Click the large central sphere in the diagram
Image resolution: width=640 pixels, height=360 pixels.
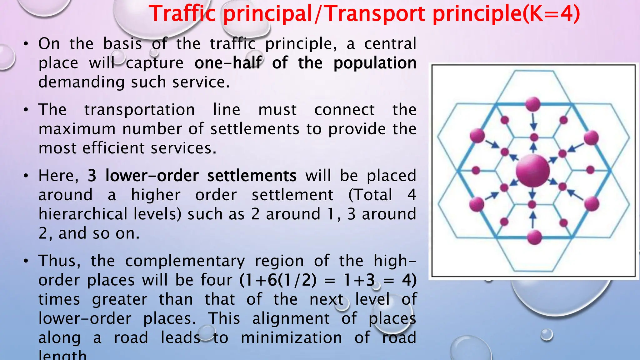[x=533, y=171]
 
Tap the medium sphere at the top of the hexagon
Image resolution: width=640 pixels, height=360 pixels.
[x=533, y=104]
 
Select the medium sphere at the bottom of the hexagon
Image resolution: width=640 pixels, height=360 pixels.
[x=534, y=237]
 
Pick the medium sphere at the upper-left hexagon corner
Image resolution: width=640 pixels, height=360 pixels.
[x=477, y=136]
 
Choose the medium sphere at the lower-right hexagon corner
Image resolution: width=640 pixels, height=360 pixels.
[x=592, y=204]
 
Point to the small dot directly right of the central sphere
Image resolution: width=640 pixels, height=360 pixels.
[x=590, y=170]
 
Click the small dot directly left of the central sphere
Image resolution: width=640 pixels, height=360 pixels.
[x=476, y=170]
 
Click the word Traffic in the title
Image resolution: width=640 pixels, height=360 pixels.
[x=182, y=14]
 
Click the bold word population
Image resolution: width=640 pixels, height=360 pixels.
[x=375, y=63]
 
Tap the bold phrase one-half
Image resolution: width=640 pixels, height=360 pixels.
[x=228, y=63]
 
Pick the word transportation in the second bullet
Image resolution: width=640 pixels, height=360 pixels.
[x=139, y=110]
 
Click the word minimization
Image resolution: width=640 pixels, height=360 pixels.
[x=291, y=338]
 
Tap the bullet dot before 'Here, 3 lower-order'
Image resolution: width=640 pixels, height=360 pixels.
[x=26, y=176]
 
